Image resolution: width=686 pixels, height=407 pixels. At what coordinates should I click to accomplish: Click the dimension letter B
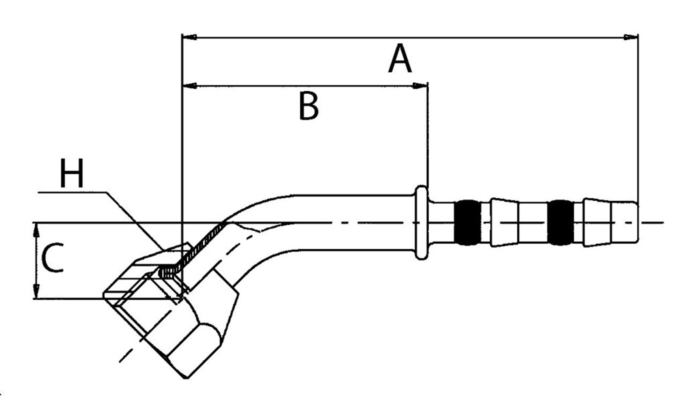[x=309, y=106]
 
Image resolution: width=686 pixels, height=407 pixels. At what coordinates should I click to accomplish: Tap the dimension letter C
[x=52, y=258]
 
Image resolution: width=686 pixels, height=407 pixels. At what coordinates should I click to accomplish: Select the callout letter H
[x=71, y=173]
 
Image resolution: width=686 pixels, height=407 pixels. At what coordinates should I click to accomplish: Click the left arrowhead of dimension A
[x=189, y=37]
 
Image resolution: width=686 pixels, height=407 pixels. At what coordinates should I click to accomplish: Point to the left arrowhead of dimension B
[x=189, y=86]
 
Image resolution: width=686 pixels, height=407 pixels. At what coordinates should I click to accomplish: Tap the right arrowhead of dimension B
[x=420, y=86]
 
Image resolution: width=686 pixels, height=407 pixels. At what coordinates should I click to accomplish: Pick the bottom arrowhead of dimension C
[x=36, y=291]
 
